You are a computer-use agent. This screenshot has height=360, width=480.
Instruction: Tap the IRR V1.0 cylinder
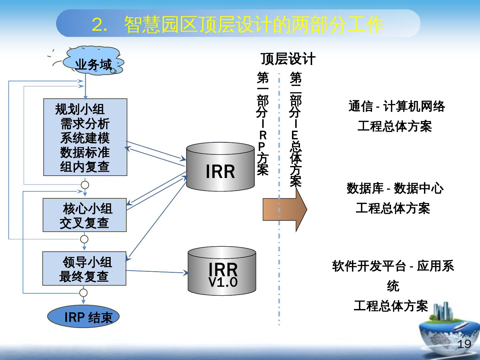click(x=222, y=272)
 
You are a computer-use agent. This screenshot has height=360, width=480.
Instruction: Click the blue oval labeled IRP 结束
click(x=83, y=317)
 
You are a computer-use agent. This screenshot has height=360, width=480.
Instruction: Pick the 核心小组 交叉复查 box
click(x=85, y=215)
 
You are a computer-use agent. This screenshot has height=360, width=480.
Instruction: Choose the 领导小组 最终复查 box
click(x=84, y=269)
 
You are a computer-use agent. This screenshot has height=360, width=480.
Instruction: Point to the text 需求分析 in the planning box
click(x=85, y=124)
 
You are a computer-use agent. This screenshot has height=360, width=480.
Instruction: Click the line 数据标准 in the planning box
click(x=85, y=152)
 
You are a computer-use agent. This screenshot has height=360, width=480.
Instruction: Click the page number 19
click(x=464, y=344)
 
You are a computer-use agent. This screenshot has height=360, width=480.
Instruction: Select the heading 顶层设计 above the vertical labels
click(x=288, y=59)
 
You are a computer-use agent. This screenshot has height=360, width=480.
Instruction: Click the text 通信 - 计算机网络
click(x=397, y=107)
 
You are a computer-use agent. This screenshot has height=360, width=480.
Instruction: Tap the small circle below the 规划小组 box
click(x=85, y=185)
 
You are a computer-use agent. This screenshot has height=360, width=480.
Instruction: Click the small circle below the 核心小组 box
click(x=84, y=239)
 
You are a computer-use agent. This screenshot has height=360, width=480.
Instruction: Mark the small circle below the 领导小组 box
click(x=84, y=293)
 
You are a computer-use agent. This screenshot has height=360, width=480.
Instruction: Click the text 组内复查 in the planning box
click(x=85, y=167)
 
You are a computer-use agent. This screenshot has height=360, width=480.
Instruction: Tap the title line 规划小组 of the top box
click(x=80, y=109)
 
